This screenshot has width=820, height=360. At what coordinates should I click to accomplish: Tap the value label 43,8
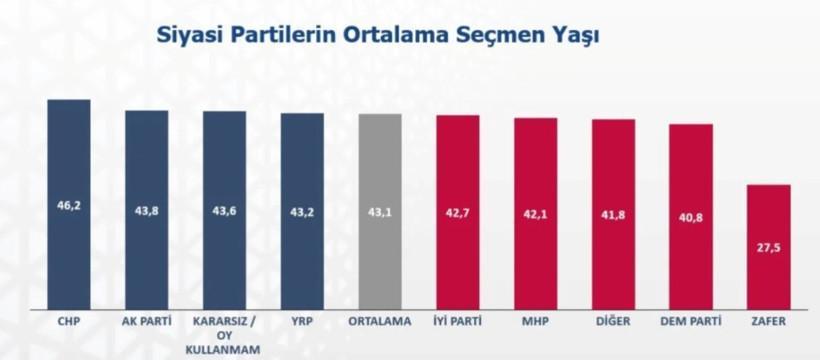click(x=146, y=211)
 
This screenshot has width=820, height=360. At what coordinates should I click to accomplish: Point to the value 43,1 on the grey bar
click(x=380, y=212)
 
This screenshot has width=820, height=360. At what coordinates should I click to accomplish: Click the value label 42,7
click(x=458, y=212)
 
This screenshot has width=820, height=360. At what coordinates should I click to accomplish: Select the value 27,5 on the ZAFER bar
click(x=769, y=245)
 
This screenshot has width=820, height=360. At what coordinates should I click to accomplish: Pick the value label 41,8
click(x=613, y=214)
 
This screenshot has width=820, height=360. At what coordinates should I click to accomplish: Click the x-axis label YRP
click(x=302, y=323)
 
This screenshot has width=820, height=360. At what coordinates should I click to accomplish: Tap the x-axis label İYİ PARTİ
click(x=458, y=323)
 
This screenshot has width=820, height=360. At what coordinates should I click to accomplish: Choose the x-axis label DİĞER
click(x=613, y=323)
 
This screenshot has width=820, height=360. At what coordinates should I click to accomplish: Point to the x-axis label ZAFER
click(x=769, y=323)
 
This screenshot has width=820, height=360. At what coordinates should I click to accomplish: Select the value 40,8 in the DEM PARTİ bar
click(x=691, y=217)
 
